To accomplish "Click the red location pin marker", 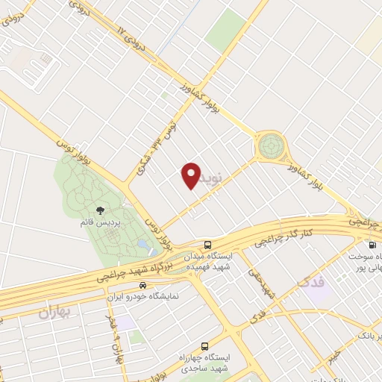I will pyautogui.click(x=191, y=175).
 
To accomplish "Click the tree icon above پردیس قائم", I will pyautogui.click(x=101, y=211).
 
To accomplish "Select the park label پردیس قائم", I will pyautogui.click(x=101, y=223).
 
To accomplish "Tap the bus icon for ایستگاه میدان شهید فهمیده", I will pyautogui.click(x=207, y=244).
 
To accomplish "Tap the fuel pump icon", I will pyautogui.click(x=371, y=244).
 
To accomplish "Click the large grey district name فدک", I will pyautogui.click(x=312, y=284).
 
